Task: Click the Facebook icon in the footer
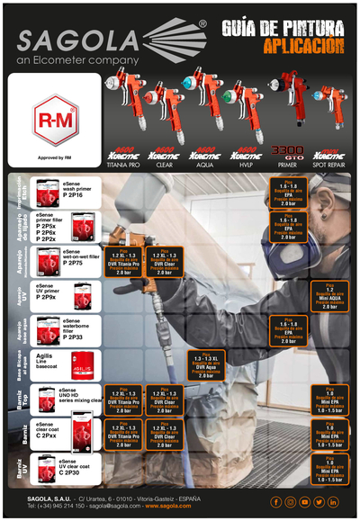point(275,501)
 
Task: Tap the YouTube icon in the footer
point(304,501)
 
